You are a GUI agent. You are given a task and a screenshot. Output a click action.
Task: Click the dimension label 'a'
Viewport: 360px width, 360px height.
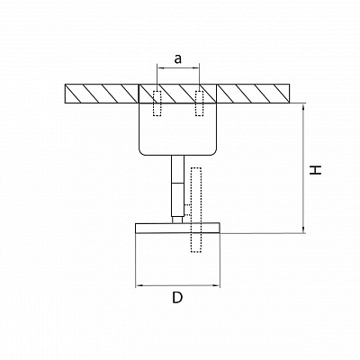178,59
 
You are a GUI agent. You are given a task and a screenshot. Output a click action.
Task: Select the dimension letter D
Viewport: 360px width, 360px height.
177,298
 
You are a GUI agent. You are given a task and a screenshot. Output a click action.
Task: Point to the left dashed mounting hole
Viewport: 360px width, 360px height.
157,103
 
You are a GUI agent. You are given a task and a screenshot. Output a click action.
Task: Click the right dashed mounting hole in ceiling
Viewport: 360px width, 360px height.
199,103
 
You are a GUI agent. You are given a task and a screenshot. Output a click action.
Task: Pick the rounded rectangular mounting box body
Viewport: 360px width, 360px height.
177,130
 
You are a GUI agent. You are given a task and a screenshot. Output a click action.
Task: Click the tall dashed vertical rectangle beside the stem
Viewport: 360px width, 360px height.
196,210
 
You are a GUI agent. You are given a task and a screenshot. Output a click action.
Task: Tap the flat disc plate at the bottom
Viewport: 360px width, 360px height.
177,228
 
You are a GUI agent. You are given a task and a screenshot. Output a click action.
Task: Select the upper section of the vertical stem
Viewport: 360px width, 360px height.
177,169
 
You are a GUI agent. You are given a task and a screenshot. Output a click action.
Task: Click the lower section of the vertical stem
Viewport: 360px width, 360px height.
177,200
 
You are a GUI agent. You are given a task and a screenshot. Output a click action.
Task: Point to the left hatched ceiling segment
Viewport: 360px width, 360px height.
102,94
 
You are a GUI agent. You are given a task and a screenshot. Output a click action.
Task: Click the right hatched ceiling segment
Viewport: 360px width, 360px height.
254,94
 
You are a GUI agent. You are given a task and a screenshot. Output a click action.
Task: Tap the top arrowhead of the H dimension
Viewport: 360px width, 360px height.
304,107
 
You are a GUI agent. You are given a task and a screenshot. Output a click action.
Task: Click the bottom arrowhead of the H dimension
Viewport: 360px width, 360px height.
304,229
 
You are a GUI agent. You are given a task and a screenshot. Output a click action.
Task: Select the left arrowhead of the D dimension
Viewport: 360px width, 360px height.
139,286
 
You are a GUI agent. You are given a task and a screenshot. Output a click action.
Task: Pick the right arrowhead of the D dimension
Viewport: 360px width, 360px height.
217,286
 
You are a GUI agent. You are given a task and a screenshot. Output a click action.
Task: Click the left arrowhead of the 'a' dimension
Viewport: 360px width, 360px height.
160,68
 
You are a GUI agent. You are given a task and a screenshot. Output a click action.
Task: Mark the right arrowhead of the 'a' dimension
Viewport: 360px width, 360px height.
196,68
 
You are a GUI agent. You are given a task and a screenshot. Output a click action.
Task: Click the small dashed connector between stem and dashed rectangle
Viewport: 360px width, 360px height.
187,210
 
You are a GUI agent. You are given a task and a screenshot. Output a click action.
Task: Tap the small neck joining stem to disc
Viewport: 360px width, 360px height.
177,220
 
